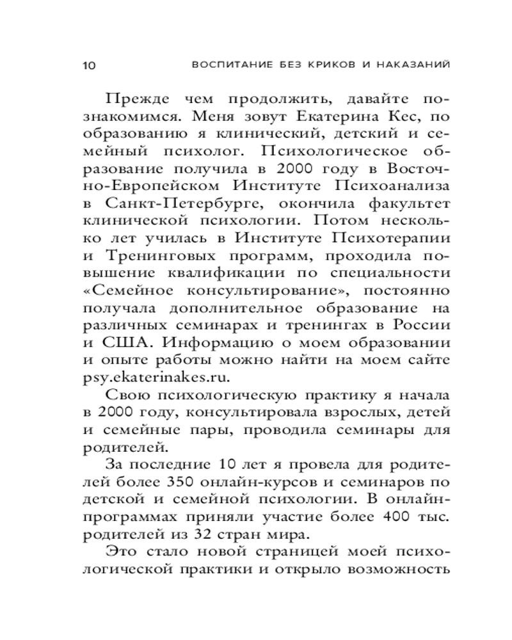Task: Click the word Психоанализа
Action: coord(383,186)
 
